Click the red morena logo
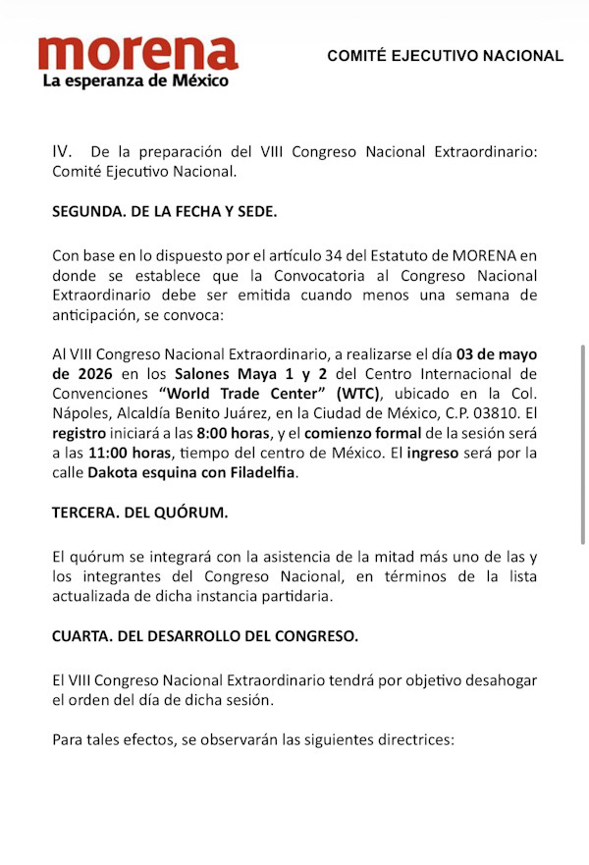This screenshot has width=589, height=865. click(x=138, y=53)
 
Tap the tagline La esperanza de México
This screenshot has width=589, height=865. click(x=135, y=81)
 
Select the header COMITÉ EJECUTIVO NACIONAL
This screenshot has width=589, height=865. click(x=446, y=56)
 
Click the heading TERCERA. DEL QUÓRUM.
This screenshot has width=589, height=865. click(x=138, y=513)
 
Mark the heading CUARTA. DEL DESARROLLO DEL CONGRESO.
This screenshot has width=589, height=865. click(x=205, y=635)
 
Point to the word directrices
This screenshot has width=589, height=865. click(x=418, y=738)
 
